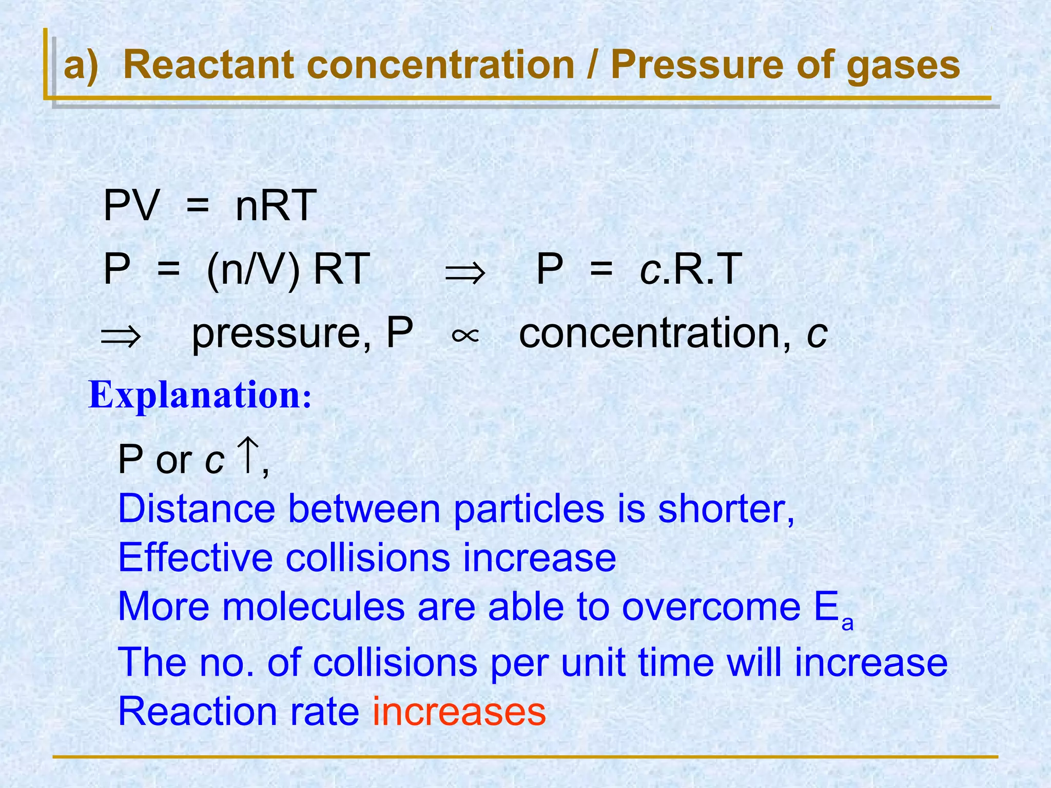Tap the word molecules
(x=314, y=606)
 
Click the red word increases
(x=459, y=712)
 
